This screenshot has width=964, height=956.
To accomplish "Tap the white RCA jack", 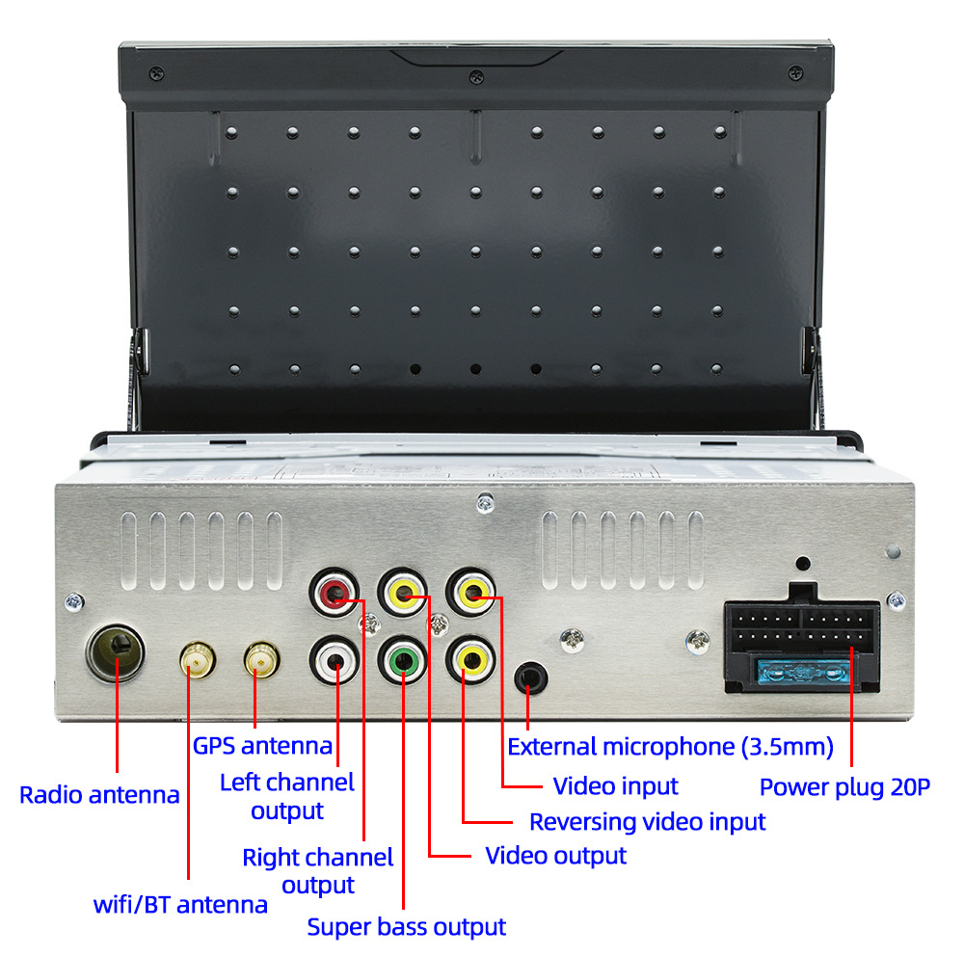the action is click(335, 660).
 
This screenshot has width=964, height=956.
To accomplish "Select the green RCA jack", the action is click(403, 662).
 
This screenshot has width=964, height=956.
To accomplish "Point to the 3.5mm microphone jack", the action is click(529, 677).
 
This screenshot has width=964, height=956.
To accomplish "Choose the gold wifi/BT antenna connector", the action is click(197, 661).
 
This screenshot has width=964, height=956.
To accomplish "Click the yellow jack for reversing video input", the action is click(471, 660).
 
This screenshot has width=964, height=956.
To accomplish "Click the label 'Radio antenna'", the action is click(99, 795).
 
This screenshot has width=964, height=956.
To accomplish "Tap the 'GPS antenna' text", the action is click(262, 745).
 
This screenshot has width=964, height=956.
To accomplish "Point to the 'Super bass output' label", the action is click(406, 927).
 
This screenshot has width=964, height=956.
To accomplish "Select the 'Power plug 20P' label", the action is click(844, 787).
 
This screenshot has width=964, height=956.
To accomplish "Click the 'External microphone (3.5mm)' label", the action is click(670, 746).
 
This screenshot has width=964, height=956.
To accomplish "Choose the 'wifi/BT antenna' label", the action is click(180, 905).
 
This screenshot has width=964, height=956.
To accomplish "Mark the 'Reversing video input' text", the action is click(647, 822).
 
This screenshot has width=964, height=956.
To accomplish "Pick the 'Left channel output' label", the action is click(287, 796).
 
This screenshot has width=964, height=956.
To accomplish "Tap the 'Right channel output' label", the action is click(317, 870).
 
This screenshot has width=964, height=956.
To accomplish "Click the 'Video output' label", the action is click(555, 855).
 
